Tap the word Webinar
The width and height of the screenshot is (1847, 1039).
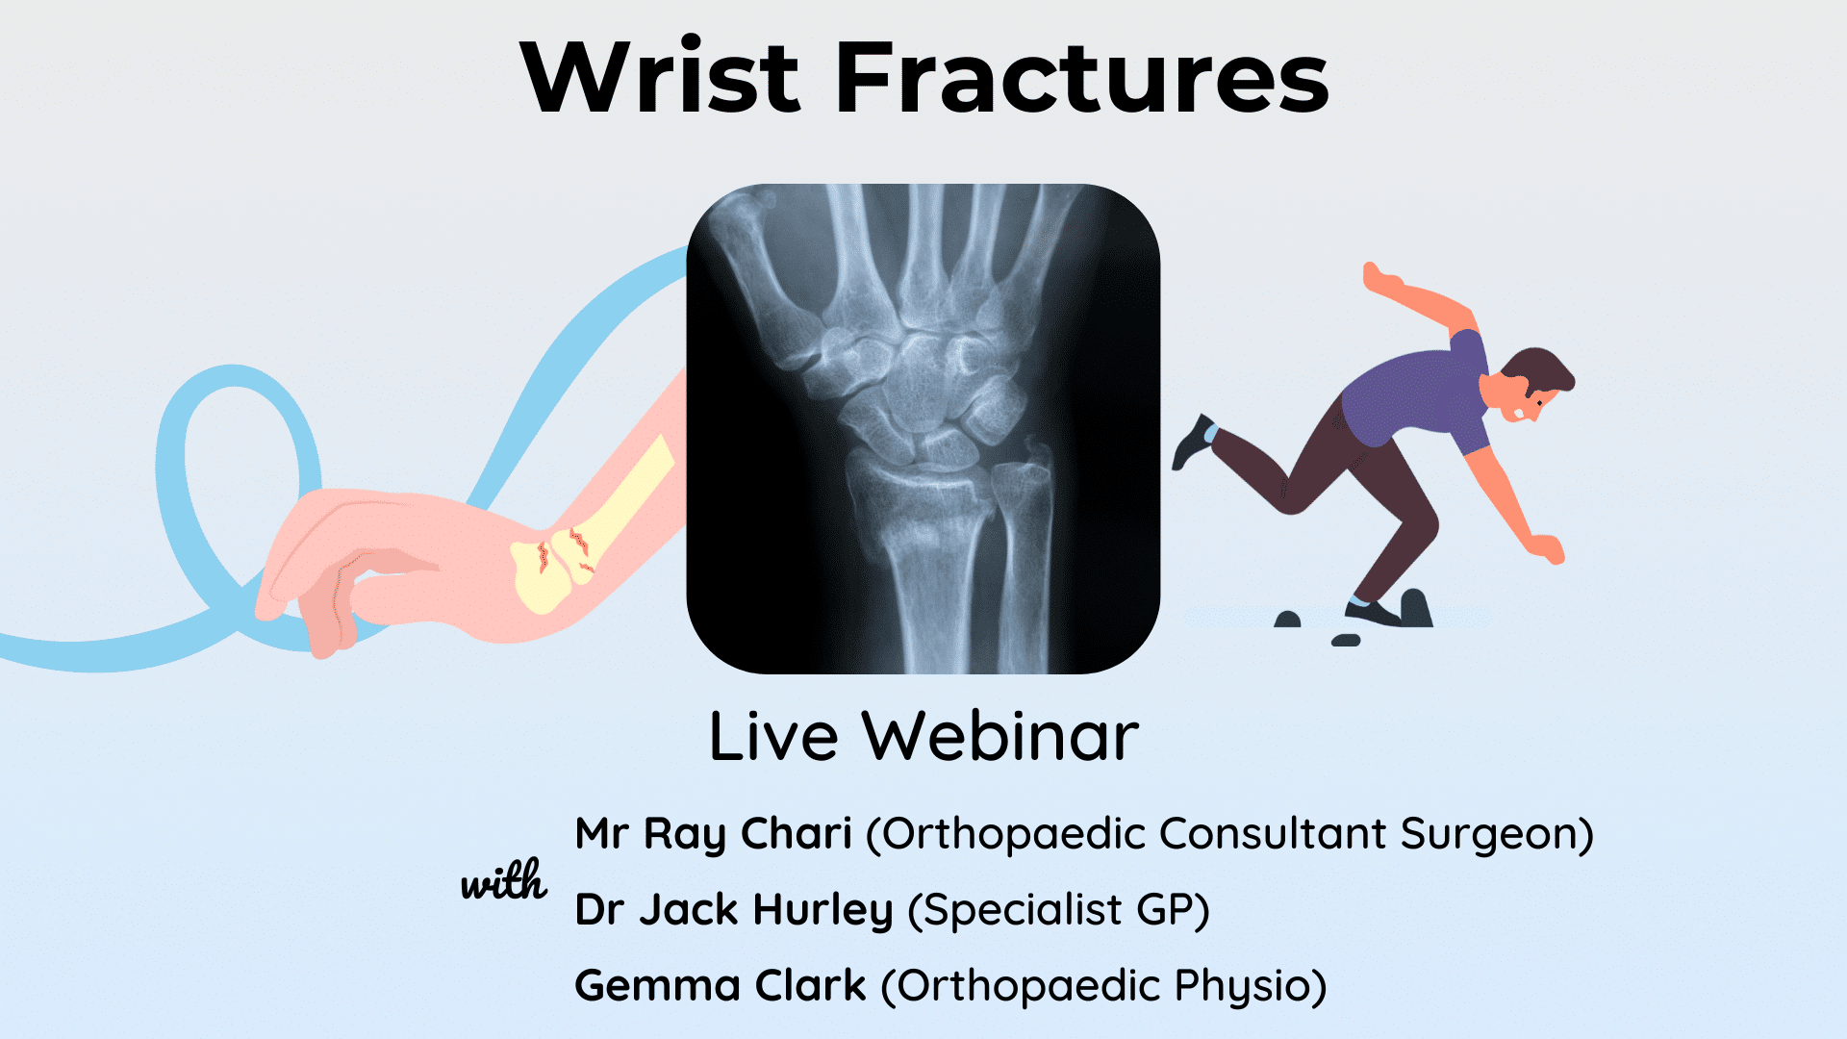pyautogui.click(x=1000, y=737)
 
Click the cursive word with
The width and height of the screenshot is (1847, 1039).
pyautogui.click(x=503, y=881)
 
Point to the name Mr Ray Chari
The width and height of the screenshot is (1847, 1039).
pyautogui.click(x=713, y=833)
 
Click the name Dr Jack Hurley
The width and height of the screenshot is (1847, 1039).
pyautogui.click(x=734, y=909)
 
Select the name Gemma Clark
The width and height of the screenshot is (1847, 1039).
pyautogui.click(x=720, y=985)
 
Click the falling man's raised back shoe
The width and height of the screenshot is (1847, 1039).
pyautogui.click(x=1193, y=441)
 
